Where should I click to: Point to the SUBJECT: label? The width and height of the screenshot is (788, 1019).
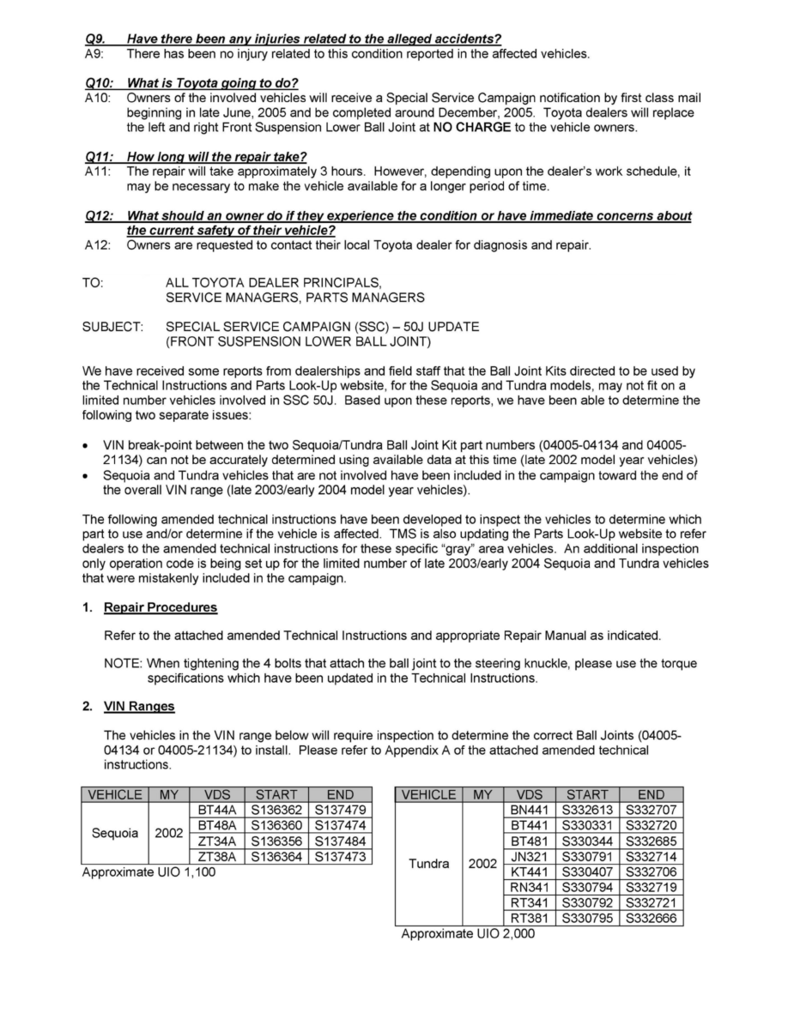coord(112,327)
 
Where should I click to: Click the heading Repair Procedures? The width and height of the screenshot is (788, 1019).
coord(161,607)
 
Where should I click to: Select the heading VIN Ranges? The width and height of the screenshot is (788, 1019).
coord(139,706)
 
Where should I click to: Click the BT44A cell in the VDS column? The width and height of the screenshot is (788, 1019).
coord(216,810)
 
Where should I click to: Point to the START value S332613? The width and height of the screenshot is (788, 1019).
coord(588,810)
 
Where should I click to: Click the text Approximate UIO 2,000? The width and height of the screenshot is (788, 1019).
coord(468,934)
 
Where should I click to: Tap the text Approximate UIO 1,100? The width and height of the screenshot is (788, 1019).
coord(149,872)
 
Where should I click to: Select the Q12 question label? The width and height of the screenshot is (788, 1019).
coord(96,216)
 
